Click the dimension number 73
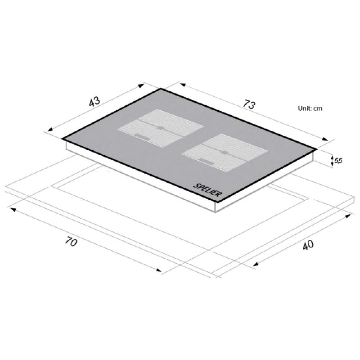pos(249,104)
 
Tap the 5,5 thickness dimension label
pos(338,161)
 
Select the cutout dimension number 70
pos(71,242)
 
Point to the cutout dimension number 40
pos(308,245)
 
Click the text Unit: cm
pos(310,108)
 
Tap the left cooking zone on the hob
pos(160,128)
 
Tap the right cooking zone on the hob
pos(225,153)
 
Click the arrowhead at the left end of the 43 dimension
pos(50,129)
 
